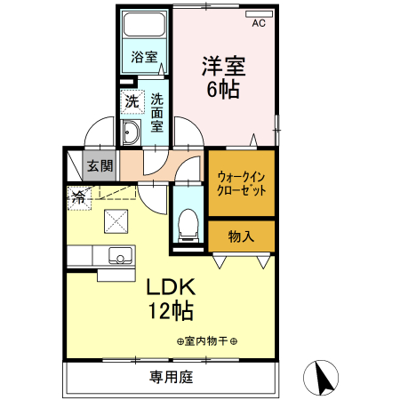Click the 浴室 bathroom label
[145, 57]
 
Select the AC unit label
[259, 24]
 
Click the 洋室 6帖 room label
[223, 77]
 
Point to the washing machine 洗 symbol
[131, 100]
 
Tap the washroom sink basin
[131, 134]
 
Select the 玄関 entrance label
[100, 164]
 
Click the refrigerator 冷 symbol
[78, 198]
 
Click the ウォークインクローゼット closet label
[242, 183]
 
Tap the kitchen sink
[118, 256]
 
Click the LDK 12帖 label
[170, 300]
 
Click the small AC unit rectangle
[259, 13]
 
